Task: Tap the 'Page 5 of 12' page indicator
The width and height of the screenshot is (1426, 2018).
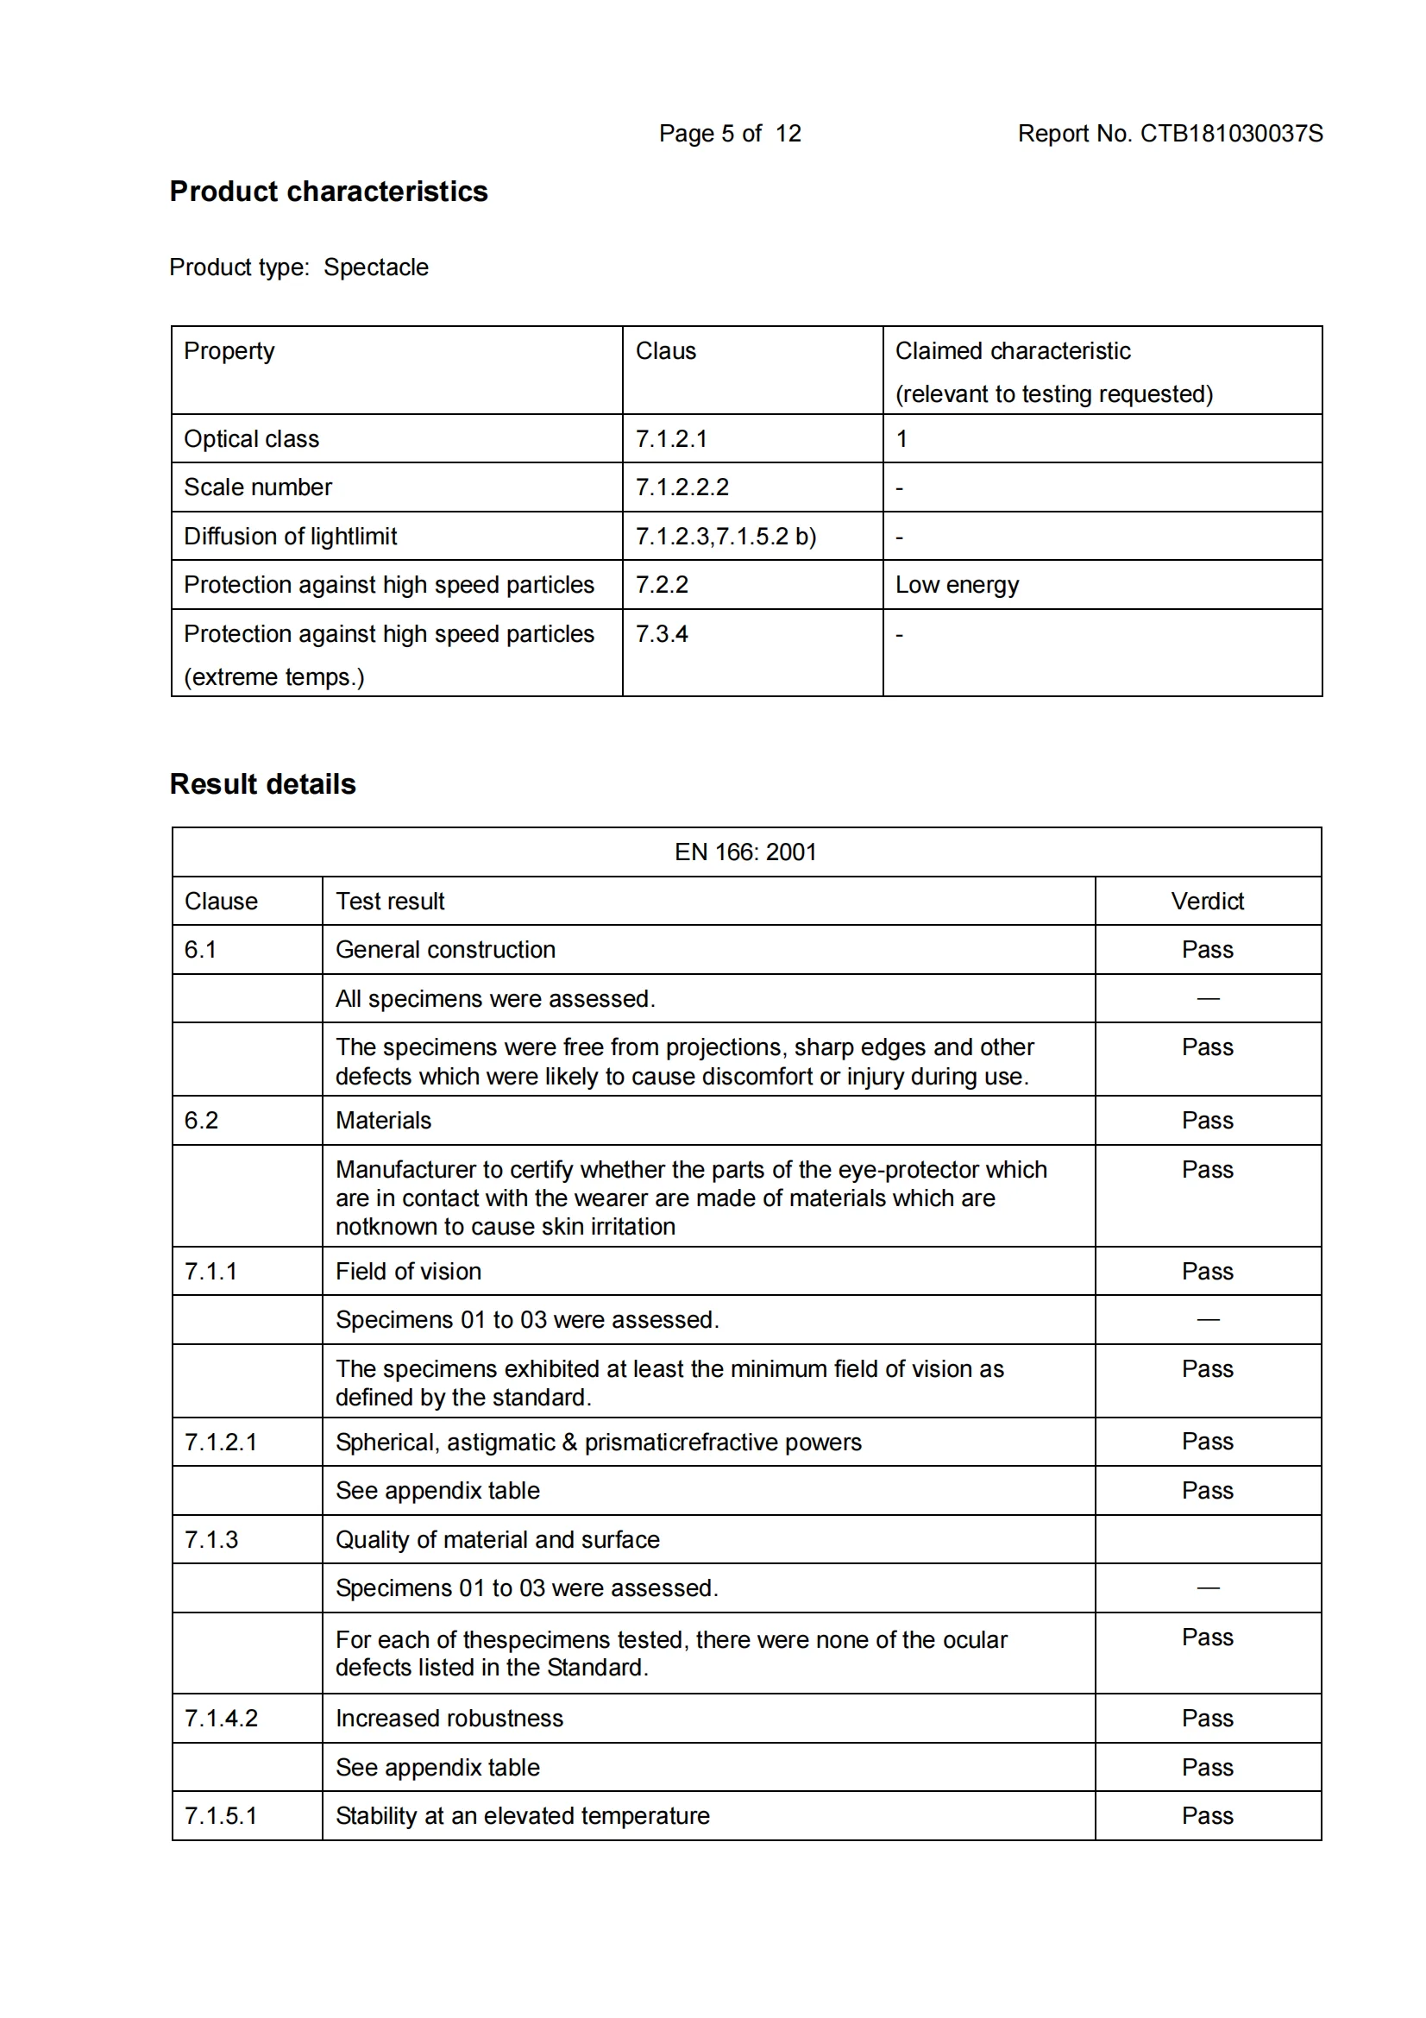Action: coord(729,134)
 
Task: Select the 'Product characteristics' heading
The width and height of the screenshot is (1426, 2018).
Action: coord(329,192)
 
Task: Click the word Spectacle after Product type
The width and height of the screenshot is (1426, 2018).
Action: coord(376,267)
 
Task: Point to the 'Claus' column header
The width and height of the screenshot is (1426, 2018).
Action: coord(665,351)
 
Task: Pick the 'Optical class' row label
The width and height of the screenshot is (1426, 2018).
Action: coord(251,438)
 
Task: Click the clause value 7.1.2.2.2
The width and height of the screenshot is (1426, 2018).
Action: coord(682,487)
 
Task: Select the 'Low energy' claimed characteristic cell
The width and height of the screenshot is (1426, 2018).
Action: coord(957,584)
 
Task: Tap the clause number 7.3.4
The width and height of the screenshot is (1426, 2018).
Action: coord(662,634)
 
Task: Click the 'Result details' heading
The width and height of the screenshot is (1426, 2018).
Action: coord(263,784)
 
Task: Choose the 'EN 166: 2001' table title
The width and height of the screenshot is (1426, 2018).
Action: coord(745,852)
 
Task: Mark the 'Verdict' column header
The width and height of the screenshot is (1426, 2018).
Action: coord(1207,901)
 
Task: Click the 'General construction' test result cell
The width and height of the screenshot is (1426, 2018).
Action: coord(445,949)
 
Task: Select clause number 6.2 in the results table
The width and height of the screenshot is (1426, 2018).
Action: coord(201,1120)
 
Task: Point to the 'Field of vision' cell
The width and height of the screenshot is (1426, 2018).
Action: coord(409,1271)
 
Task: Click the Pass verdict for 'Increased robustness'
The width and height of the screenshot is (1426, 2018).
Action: coord(1207,1718)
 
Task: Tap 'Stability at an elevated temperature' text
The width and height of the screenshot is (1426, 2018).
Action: coord(523,1816)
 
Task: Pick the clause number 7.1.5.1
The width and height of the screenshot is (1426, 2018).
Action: coord(221,1816)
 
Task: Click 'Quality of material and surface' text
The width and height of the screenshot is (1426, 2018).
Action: coord(497,1539)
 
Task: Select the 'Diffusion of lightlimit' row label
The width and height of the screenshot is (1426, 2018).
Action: coord(290,536)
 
